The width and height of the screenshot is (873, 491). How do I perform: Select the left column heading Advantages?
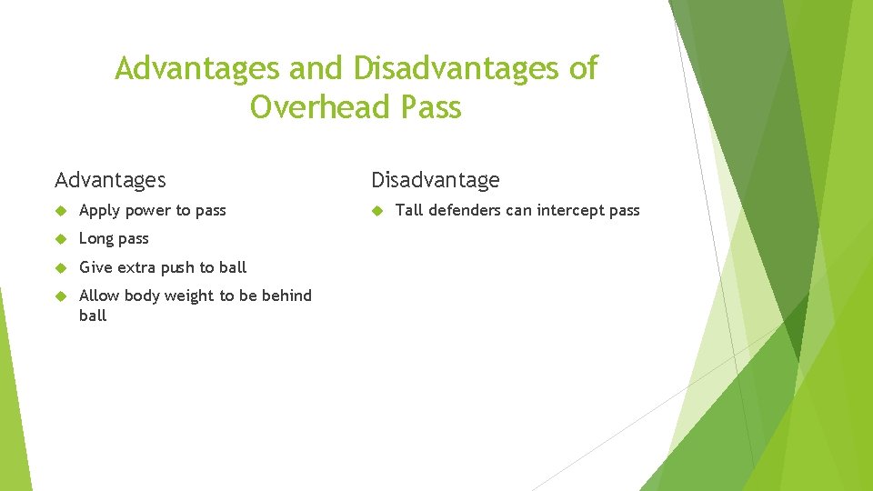pos(110,180)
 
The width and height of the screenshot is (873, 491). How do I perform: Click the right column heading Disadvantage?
pos(436,180)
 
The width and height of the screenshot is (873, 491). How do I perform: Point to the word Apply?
pos(99,211)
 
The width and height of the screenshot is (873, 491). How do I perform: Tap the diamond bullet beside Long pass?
pos(61,239)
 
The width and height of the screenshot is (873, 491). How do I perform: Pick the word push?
pos(178,267)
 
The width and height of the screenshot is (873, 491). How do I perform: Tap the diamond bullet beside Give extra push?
pos(61,267)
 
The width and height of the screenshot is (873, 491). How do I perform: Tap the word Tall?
pos(409,210)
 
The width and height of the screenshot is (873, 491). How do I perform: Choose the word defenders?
pos(463,210)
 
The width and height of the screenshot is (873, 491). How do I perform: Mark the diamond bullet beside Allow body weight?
pos(61,296)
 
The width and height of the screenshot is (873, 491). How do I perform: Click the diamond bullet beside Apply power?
pos(61,210)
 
